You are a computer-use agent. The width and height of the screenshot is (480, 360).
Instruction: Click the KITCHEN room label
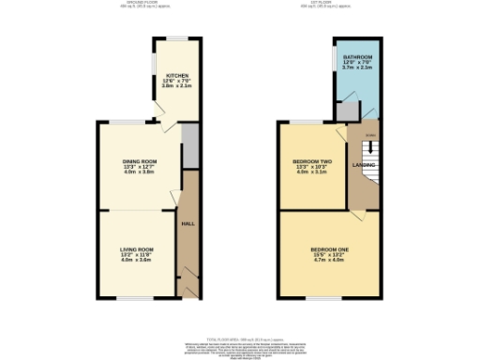pos(177,75)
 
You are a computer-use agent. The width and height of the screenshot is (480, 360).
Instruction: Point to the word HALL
pos(187,224)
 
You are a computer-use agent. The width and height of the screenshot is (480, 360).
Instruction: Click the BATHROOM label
pos(358,58)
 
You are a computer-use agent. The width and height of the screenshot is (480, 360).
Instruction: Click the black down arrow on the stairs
pos(367,146)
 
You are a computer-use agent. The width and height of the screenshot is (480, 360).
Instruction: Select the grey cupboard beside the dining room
pos(190,147)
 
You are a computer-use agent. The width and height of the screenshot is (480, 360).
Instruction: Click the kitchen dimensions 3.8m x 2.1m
pos(178,86)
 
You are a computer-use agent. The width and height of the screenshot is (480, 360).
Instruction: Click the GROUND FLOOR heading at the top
pos(142,3)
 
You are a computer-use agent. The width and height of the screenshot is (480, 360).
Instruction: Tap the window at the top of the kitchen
pos(176,37)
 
